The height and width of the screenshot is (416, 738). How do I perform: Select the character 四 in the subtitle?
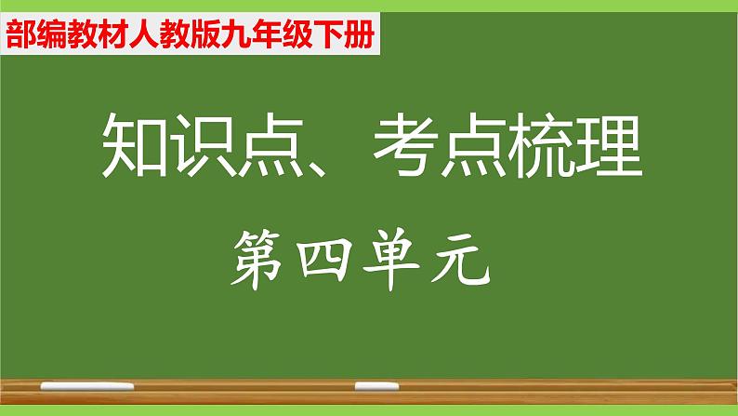328,255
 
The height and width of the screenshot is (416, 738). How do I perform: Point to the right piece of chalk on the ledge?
376,383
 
